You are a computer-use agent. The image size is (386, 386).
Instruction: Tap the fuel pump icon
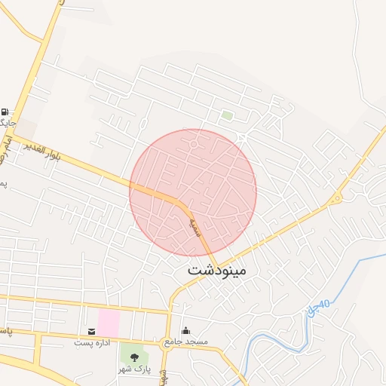click(x=7, y=111)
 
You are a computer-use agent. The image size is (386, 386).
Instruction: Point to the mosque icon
click(x=186, y=331)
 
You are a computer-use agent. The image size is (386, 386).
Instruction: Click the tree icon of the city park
click(x=134, y=357)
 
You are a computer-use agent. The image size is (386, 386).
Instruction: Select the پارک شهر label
click(x=134, y=369)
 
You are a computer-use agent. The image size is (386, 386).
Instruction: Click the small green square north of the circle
click(x=226, y=115)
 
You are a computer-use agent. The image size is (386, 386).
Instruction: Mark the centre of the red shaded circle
click(x=193, y=192)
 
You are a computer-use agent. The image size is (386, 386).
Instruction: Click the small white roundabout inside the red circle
click(x=194, y=143)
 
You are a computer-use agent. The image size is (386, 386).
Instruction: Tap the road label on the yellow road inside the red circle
click(x=194, y=224)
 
